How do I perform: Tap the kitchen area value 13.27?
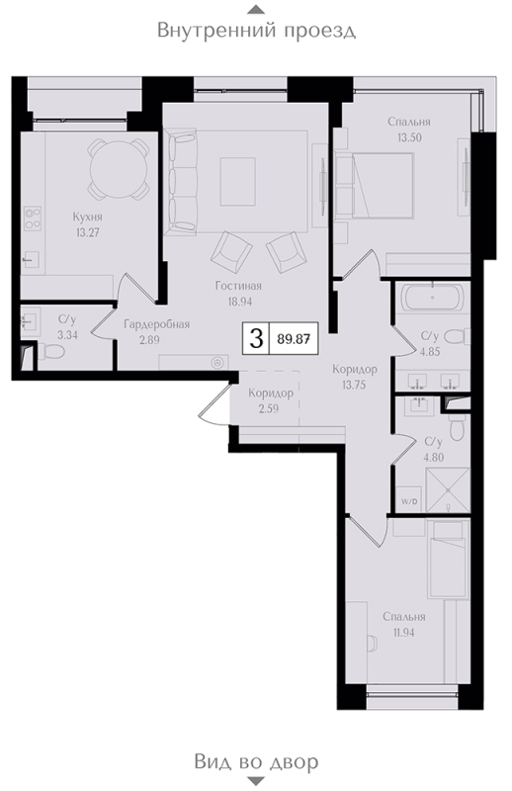(x=88, y=234)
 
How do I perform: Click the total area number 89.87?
(x=294, y=339)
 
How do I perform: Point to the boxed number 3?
(x=256, y=339)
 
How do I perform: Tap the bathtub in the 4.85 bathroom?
(x=431, y=297)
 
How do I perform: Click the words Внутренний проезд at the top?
(x=256, y=31)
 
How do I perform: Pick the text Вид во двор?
(x=256, y=762)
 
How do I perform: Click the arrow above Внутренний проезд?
(x=256, y=9)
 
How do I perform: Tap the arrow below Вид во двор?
(x=256, y=783)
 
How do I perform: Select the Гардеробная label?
(x=156, y=323)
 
